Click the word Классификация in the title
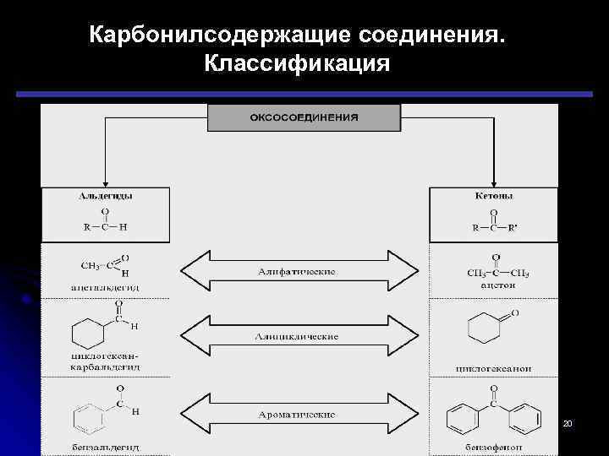pyautogui.click(x=297, y=64)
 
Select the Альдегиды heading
pyautogui.click(x=105, y=196)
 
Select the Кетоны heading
pyautogui.click(x=494, y=196)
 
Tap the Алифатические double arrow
pyautogui.click(x=297, y=271)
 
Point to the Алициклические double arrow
pyautogui.click(x=297, y=336)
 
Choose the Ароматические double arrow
pyautogui.click(x=297, y=414)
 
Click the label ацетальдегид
pyautogui.click(x=105, y=288)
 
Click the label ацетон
pyautogui.click(x=497, y=285)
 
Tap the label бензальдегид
pyautogui.click(x=105, y=446)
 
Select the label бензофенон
pyautogui.click(x=497, y=446)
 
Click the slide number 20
pyautogui.click(x=568, y=421)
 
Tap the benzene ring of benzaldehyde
pyautogui.click(x=91, y=416)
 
